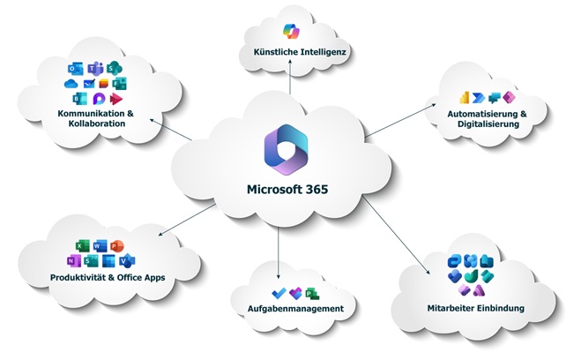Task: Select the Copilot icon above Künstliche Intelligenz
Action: pyautogui.click(x=290, y=40)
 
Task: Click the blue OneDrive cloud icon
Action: pyautogui.click(x=71, y=84)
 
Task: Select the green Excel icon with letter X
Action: pyautogui.click(x=78, y=244)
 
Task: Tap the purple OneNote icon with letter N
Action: pyautogui.click(x=72, y=260)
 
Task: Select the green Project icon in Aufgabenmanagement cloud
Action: pyautogui.click(x=309, y=291)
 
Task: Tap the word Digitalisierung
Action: pyautogui.click(x=482, y=125)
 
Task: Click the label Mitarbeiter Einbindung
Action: pyautogui.click(x=474, y=309)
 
